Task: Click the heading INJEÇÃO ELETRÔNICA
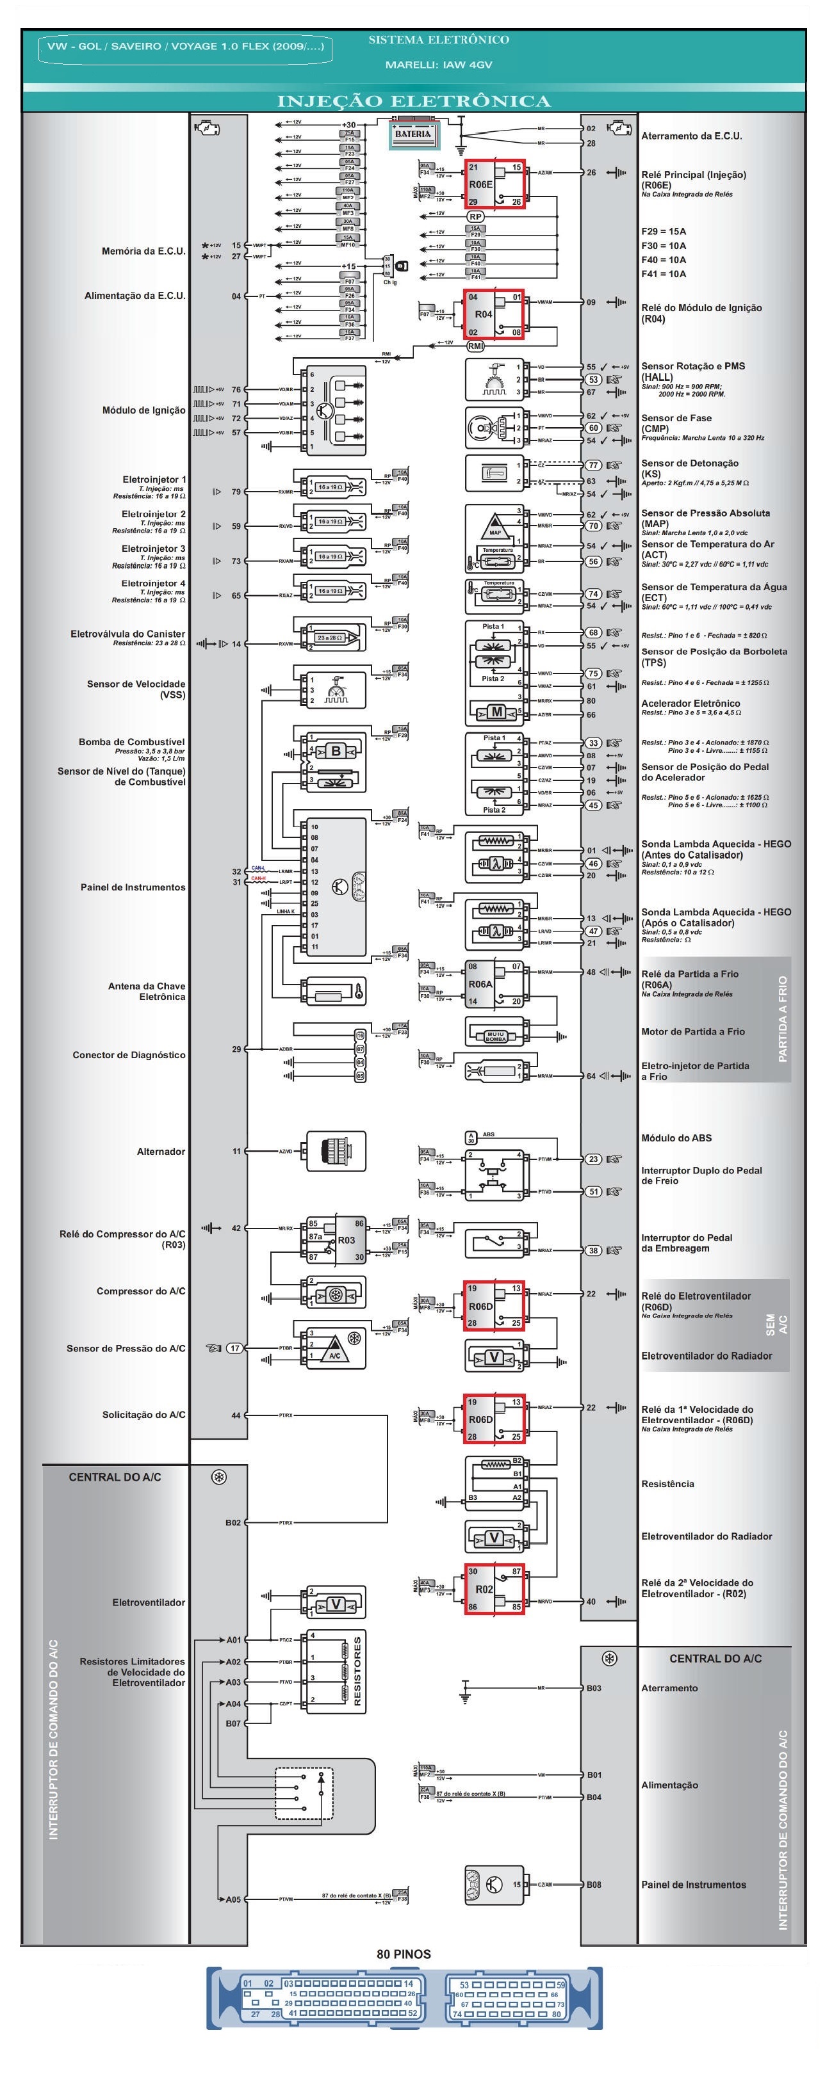click(x=414, y=101)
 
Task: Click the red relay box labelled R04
click(x=494, y=314)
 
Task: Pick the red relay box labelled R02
click(x=494, y=1589)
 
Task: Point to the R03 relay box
click(x=335, y=1239)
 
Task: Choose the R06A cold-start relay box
click(x=494, y=984)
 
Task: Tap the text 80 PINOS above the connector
click(x=403, y=1954)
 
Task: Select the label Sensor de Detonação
click(x=689, y=463)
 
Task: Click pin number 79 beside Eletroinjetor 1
click(x=236, y=491)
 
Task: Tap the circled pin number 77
click(x=594, y=465)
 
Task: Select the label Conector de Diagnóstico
click(x=129, y=1054)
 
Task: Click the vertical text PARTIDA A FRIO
click(x=781, y=1019)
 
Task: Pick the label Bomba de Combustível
click(x=131, y=741)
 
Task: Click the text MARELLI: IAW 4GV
click(x=438, y=65)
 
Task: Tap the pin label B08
click(x=594, y=1884)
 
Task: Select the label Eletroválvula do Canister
click(x=128, y=634)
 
